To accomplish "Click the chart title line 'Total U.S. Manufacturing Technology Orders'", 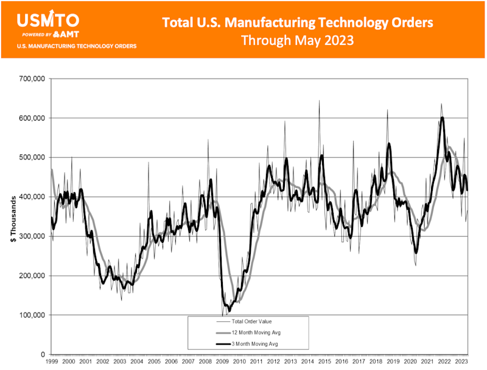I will [298, 23].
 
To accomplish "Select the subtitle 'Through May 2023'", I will [298, 41].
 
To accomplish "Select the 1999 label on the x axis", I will [52, 362].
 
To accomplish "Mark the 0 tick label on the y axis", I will [43, 354].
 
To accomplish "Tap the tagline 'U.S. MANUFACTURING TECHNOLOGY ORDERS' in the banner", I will [76, 46].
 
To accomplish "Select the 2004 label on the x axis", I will [137, 362].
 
